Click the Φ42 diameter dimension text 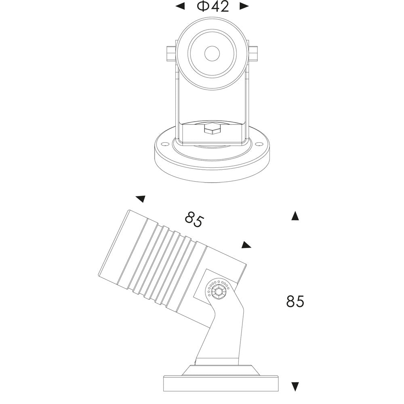pyautogui.click(x=213, y=7)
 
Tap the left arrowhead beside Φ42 pyautogui.click(x=181, y=6)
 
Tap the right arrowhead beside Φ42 pyautogui.click(x=244, y=6)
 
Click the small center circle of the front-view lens pyautogui.click(x=212, y=53)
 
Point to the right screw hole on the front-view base pyautogui.click(x=257, y=143)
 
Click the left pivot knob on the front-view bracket pyautogui.click(x=170, y=53)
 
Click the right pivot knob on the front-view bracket pyautogui.click(x=253, y=53)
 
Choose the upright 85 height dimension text pyautogui.click(x=295, y=301)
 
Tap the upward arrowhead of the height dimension pyautogui.click(x=295, y=216)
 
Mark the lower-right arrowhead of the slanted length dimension pyautogui.click(x=246, y=245)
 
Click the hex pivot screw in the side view pyautogui.click(x=218, y=290)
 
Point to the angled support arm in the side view pyautogui.click(x=222, y=331)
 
